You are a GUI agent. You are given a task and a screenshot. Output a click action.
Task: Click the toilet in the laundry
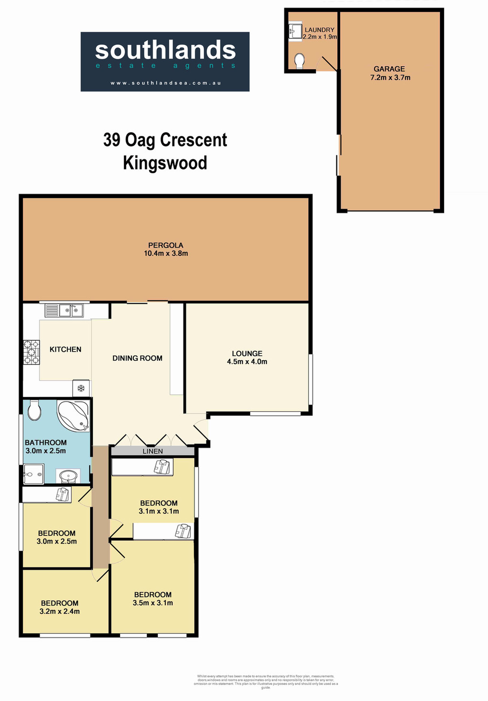tap(300, 61)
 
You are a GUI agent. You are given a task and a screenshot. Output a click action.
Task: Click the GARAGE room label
tap(389, 69)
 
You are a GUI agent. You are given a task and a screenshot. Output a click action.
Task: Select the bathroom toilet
tap(34, 411)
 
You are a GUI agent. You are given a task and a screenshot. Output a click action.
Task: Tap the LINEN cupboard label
tap(153, 451)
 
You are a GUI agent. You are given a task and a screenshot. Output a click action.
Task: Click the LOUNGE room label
tap(247, 353)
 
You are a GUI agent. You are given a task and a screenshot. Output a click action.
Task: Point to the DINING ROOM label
tap(137, 358)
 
